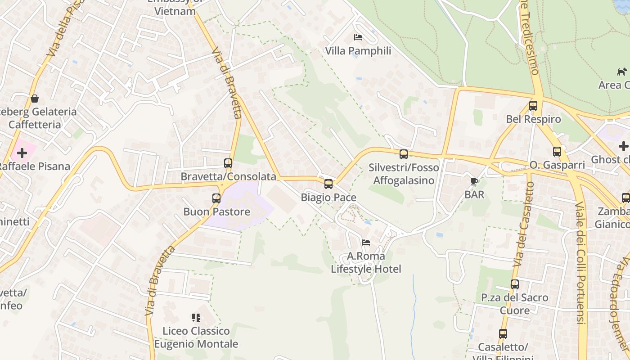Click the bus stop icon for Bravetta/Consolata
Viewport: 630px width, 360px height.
[x=228, y=163]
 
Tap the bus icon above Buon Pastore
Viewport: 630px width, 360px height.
[x=216, y=198]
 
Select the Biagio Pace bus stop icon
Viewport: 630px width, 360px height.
[x=328, y=184]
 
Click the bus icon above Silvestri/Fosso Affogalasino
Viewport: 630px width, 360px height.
[x=403, y=154]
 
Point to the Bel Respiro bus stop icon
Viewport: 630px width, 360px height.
[x=533, y=106]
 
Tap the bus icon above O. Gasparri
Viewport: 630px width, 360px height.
[x=557, y=152]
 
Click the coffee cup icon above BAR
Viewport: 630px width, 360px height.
[x=474, y=181]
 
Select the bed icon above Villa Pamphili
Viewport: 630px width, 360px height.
[x=358, y=37]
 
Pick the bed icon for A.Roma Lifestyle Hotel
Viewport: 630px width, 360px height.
[x=366, y=243]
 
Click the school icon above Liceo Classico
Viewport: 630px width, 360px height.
[x=196, y=318]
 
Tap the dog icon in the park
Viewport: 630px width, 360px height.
[x=622, y=72]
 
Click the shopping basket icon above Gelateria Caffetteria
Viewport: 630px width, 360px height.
[x=35, y=98]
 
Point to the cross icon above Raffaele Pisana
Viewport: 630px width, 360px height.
[x=22, y=153]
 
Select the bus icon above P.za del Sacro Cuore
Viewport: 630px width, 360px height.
[x=514, y=284]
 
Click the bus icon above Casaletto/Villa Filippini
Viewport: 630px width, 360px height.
[x=503, y=334]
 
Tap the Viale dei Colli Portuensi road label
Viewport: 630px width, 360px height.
[x=580, y=263]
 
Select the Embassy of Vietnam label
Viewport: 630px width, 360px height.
[x=175, y=8]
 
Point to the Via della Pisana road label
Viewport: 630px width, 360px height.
[x=65, y=32]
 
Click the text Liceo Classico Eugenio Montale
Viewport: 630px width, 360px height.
[x=196, y=337]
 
